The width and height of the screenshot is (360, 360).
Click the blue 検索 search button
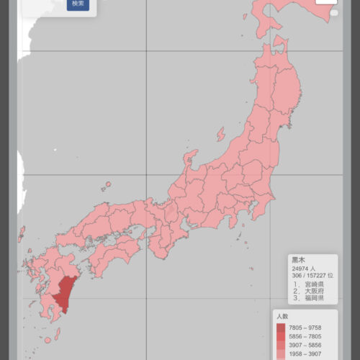(78, 4)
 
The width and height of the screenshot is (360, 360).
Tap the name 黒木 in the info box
(298, 260)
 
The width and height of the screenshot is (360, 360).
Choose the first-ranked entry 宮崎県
(309, 284)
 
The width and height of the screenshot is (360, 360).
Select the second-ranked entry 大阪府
(309, 292)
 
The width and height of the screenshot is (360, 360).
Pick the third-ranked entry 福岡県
(309, 299)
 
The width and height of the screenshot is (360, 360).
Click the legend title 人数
(282, 316)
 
